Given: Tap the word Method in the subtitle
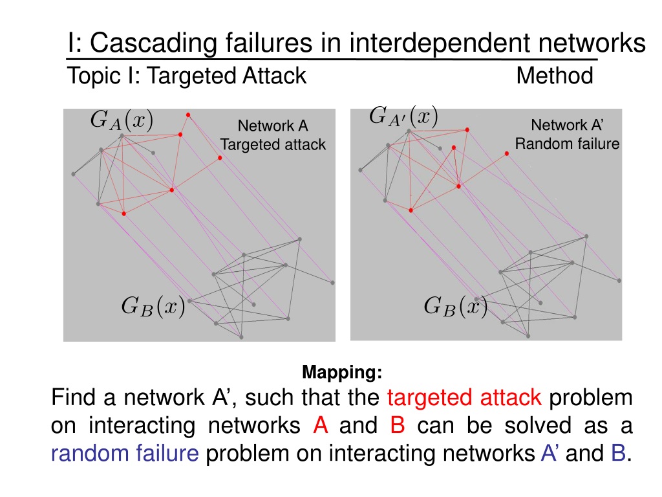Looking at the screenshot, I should coord(555,76).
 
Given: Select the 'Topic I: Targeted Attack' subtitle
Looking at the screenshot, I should coord(187,76).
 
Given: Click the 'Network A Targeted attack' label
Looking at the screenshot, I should coord(273,135).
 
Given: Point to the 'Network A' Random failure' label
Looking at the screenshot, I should coord(567,134).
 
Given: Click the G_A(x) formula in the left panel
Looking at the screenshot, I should coord(122,120).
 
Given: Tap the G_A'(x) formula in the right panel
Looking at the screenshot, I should coord(403,117).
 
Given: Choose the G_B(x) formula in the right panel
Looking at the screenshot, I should coord(455,305).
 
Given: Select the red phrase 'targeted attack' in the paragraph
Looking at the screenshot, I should coord(466,397).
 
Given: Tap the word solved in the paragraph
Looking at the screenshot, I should coord(537,426).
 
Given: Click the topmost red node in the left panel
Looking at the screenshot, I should coord(188,115).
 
